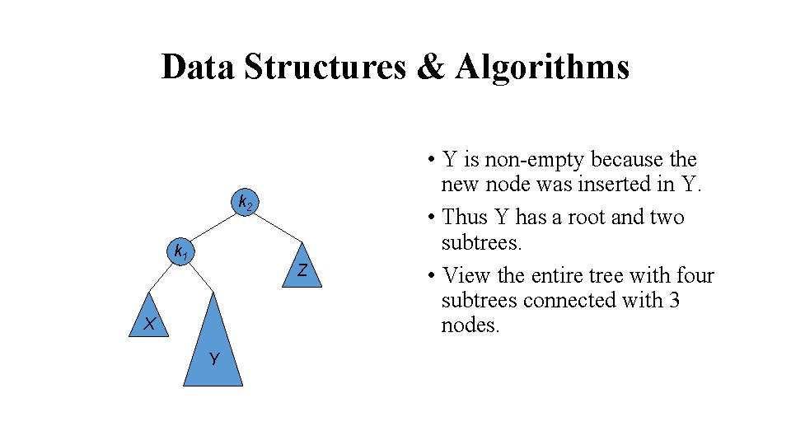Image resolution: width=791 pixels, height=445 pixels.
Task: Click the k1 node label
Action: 178,251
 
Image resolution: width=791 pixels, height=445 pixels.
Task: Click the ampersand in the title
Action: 430,67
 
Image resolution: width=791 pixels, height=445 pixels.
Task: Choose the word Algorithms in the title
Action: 541,67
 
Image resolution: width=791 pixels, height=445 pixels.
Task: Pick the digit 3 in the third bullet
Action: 674,301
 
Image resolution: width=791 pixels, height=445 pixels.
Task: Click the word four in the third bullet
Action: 695,276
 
